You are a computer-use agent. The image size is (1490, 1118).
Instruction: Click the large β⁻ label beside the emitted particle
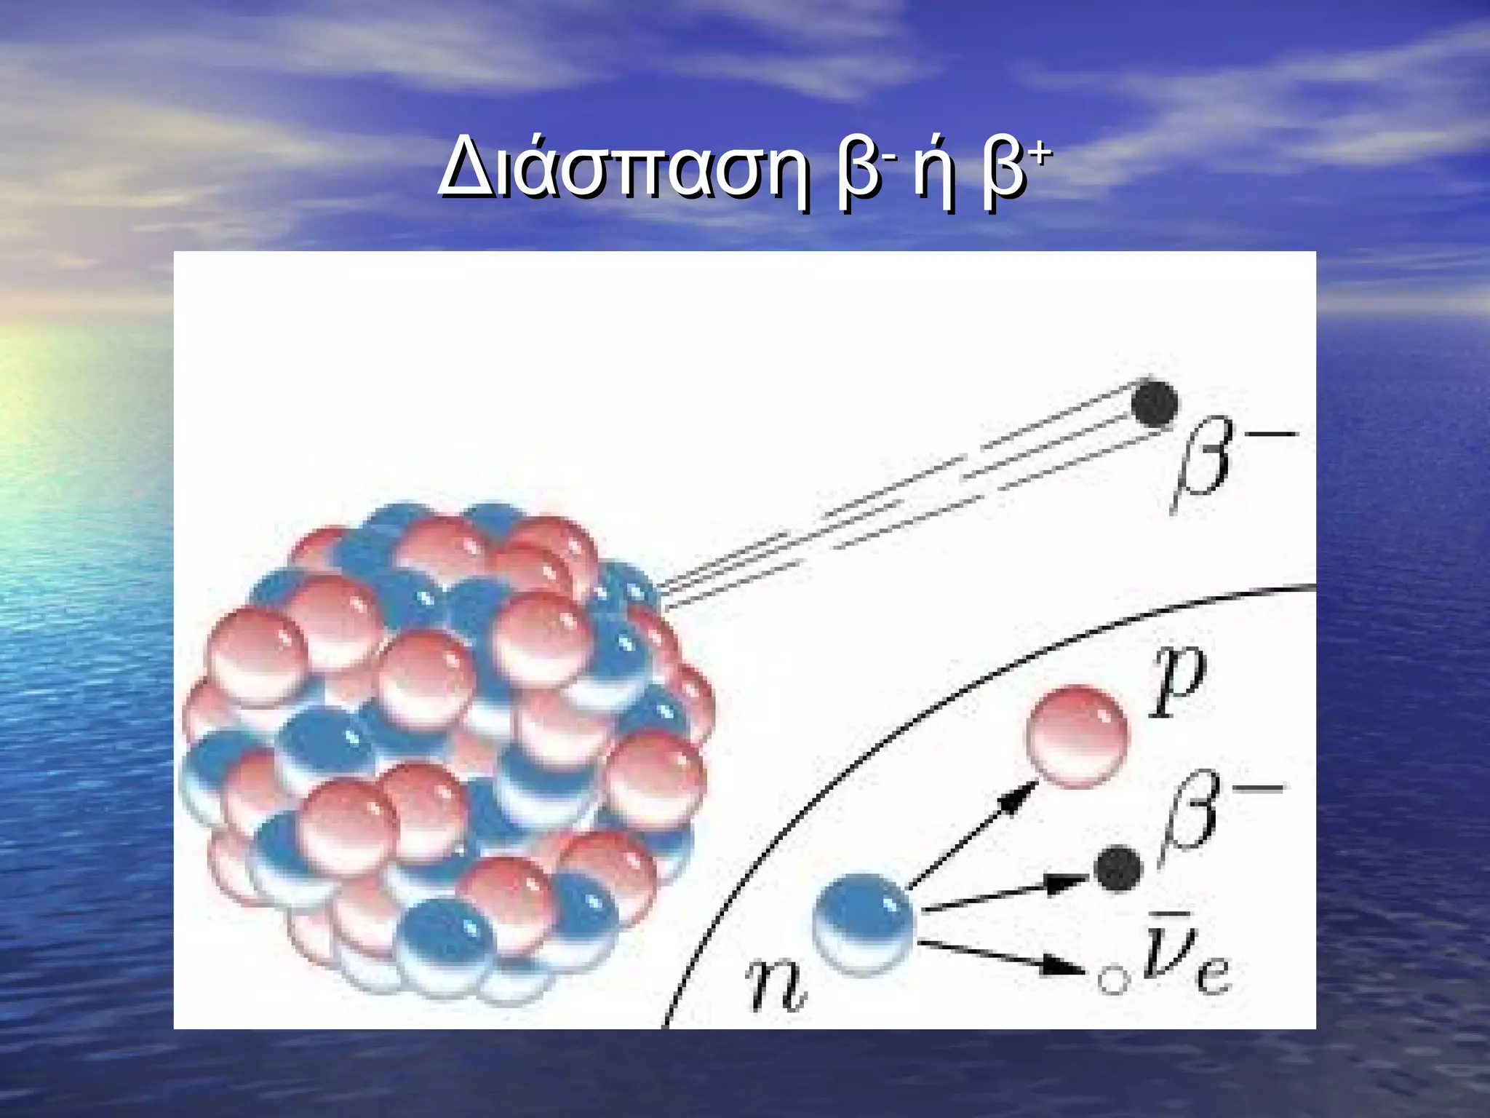pyautogui.click(x=1222, y=462)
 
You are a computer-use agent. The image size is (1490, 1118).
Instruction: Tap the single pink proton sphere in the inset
pyautogui.click(x=1077, y=735)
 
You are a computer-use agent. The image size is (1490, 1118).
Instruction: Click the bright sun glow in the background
pyautogui.click(x=29, y=408)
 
